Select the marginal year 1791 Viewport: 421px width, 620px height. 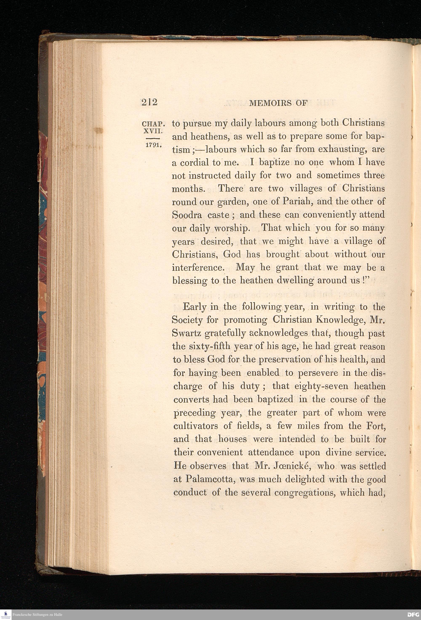coord(153,146)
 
